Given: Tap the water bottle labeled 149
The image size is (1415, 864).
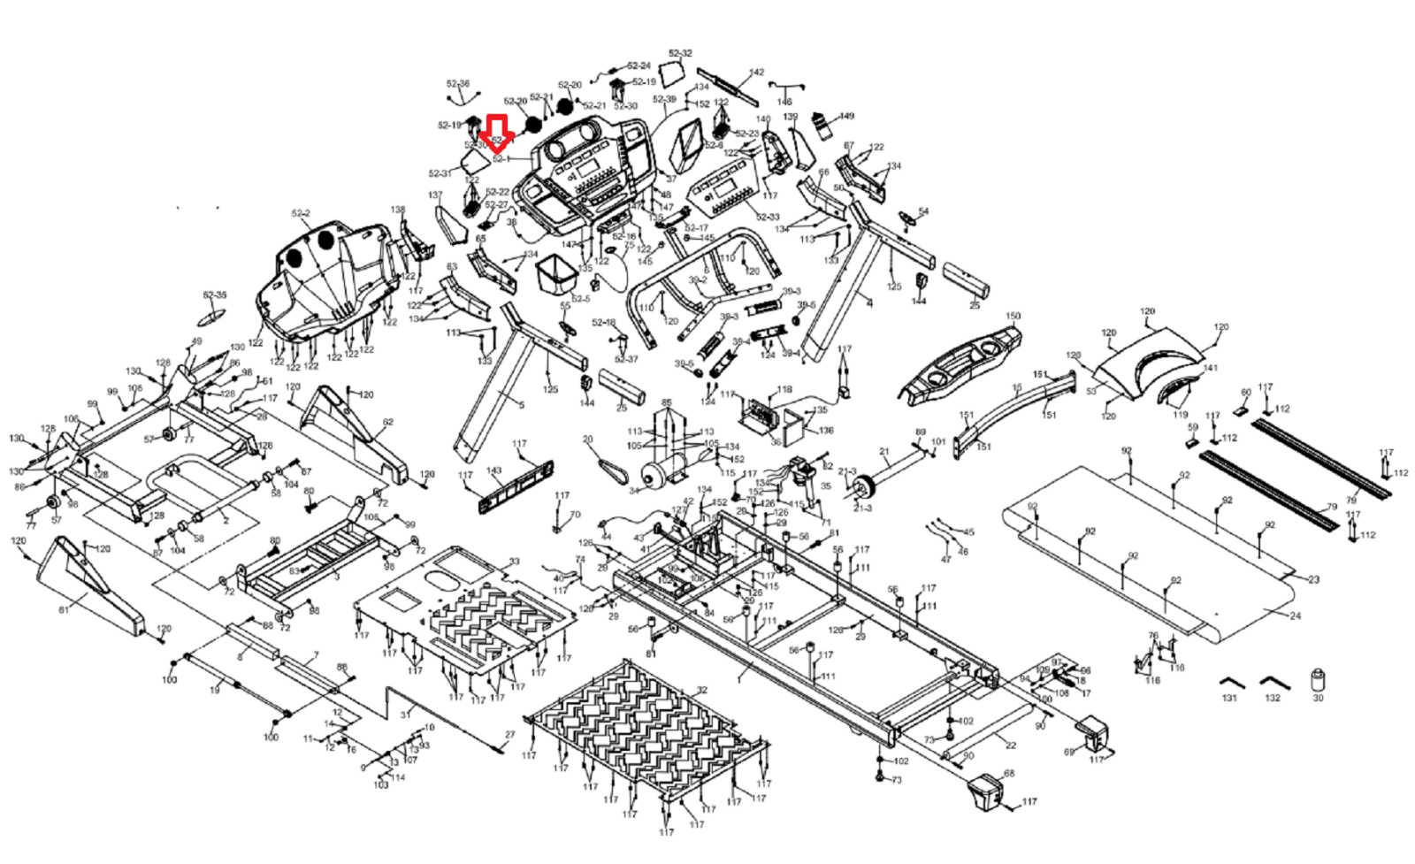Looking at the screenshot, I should pos(824,126).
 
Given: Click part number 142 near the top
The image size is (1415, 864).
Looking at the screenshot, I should pos(756,73).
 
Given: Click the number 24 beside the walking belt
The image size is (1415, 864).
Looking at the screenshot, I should pos(1296,616).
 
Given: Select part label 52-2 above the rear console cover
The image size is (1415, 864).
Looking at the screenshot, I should pos(301,214).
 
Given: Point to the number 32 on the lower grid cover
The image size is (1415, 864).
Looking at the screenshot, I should pos(701,690).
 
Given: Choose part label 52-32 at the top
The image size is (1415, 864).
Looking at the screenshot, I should pos(680,54).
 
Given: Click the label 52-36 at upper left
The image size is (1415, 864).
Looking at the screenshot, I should pos(458,84).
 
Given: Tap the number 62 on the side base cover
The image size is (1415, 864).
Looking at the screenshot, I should pos(387,423).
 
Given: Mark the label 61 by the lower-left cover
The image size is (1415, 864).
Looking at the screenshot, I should pos(64,610).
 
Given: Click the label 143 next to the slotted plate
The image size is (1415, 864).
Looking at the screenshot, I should pos(494,471).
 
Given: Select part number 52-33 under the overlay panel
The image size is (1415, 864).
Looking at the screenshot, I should pos(768,217).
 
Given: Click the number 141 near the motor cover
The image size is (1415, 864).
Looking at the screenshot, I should pos(1210,368).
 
